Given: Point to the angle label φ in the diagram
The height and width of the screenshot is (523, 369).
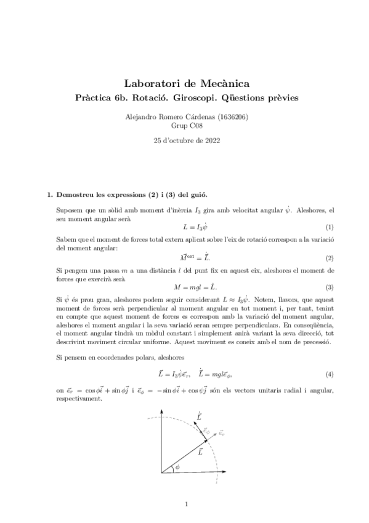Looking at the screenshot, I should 177,467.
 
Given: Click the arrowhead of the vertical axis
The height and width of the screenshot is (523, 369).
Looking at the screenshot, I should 162,415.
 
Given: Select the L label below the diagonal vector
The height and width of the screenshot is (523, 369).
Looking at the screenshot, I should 200,452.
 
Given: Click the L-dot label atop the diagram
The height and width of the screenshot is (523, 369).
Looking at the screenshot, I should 198,418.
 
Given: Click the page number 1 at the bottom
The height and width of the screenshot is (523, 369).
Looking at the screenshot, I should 185,504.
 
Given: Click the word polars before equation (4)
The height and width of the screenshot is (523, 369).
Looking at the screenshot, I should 136,357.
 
